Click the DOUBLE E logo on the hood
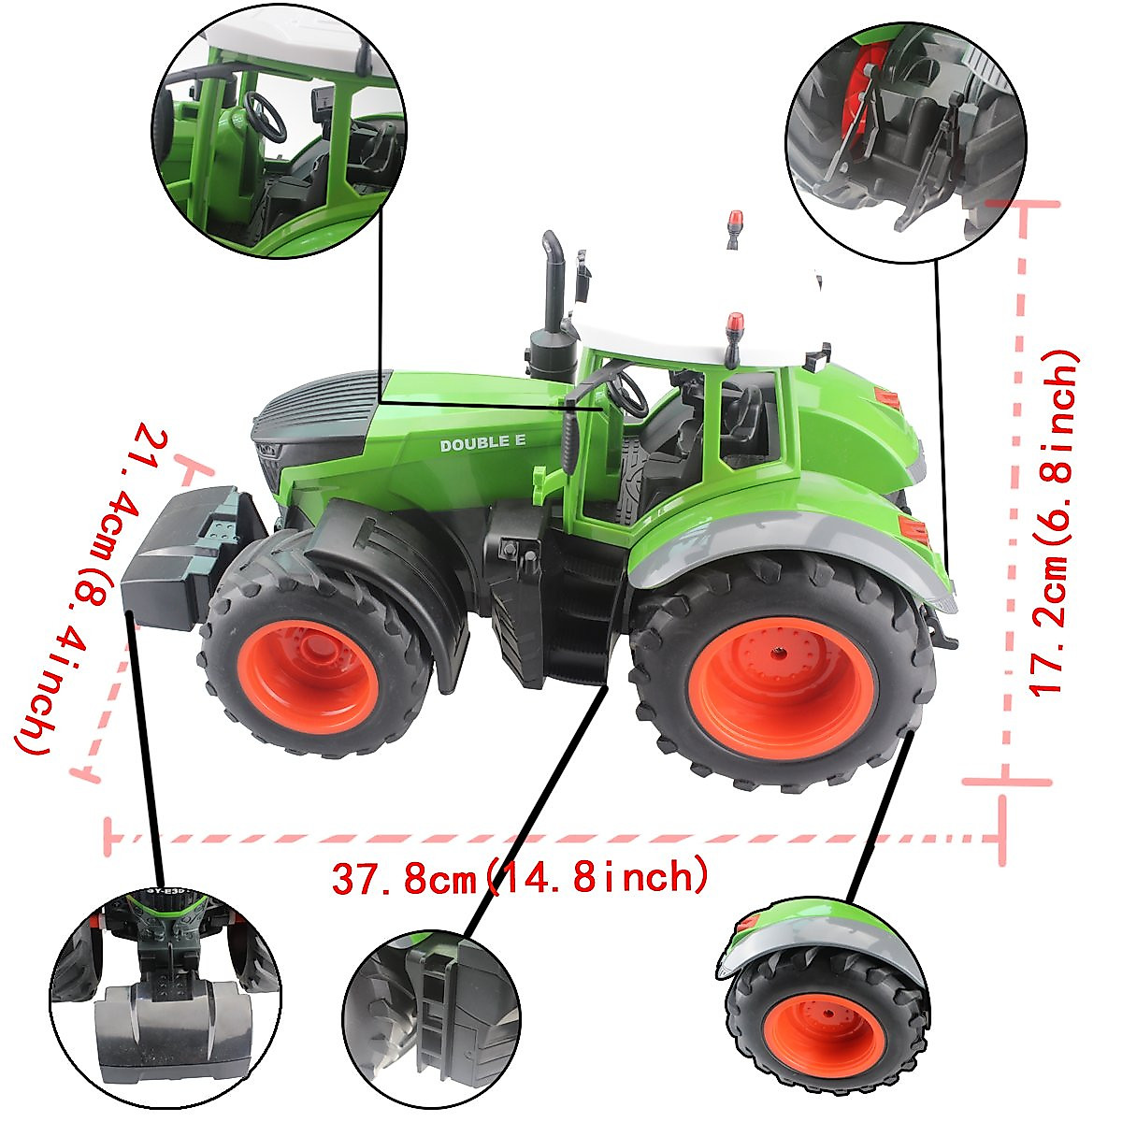[x=482, y=444]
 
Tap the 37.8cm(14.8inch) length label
[x=519, y=878]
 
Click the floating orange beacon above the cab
[x=735, y=224]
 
